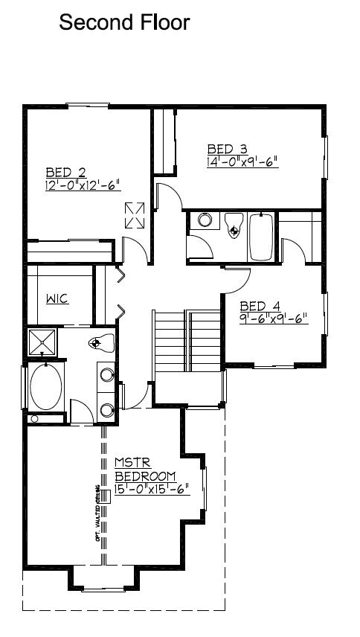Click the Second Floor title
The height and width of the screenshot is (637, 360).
[124, 23]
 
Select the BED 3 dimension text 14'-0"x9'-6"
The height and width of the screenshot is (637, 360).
[242, 160]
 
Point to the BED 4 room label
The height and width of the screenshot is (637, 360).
[260, 306]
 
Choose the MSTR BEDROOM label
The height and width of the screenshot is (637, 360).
[145, 470]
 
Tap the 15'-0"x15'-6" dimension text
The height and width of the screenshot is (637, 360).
[152, 490]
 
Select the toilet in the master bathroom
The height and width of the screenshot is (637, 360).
[100, 343]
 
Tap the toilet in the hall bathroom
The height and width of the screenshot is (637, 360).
[234, 225]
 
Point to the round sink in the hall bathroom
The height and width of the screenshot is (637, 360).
[205, 221]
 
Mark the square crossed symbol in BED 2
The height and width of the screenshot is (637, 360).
[135, 216]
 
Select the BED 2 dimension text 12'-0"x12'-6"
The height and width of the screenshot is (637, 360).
[82, 185]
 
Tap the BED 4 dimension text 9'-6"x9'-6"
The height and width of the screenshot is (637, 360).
[274, 318]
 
